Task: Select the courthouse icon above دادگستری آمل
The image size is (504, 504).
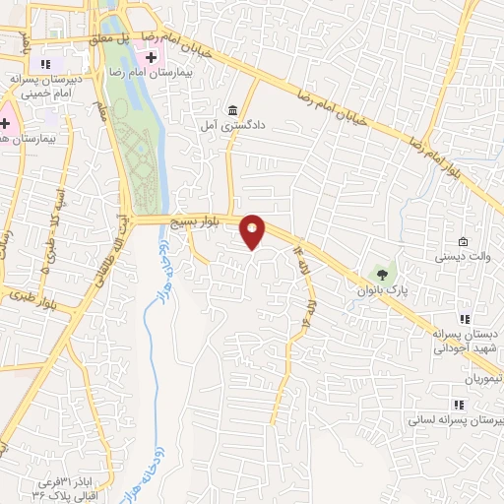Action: (x=232, y=109)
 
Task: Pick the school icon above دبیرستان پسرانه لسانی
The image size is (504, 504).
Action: (x=457, y=405)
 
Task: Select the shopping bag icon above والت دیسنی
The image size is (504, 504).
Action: (x=464, y=242)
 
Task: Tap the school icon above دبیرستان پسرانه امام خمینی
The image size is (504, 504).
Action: (x=45, y=64)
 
